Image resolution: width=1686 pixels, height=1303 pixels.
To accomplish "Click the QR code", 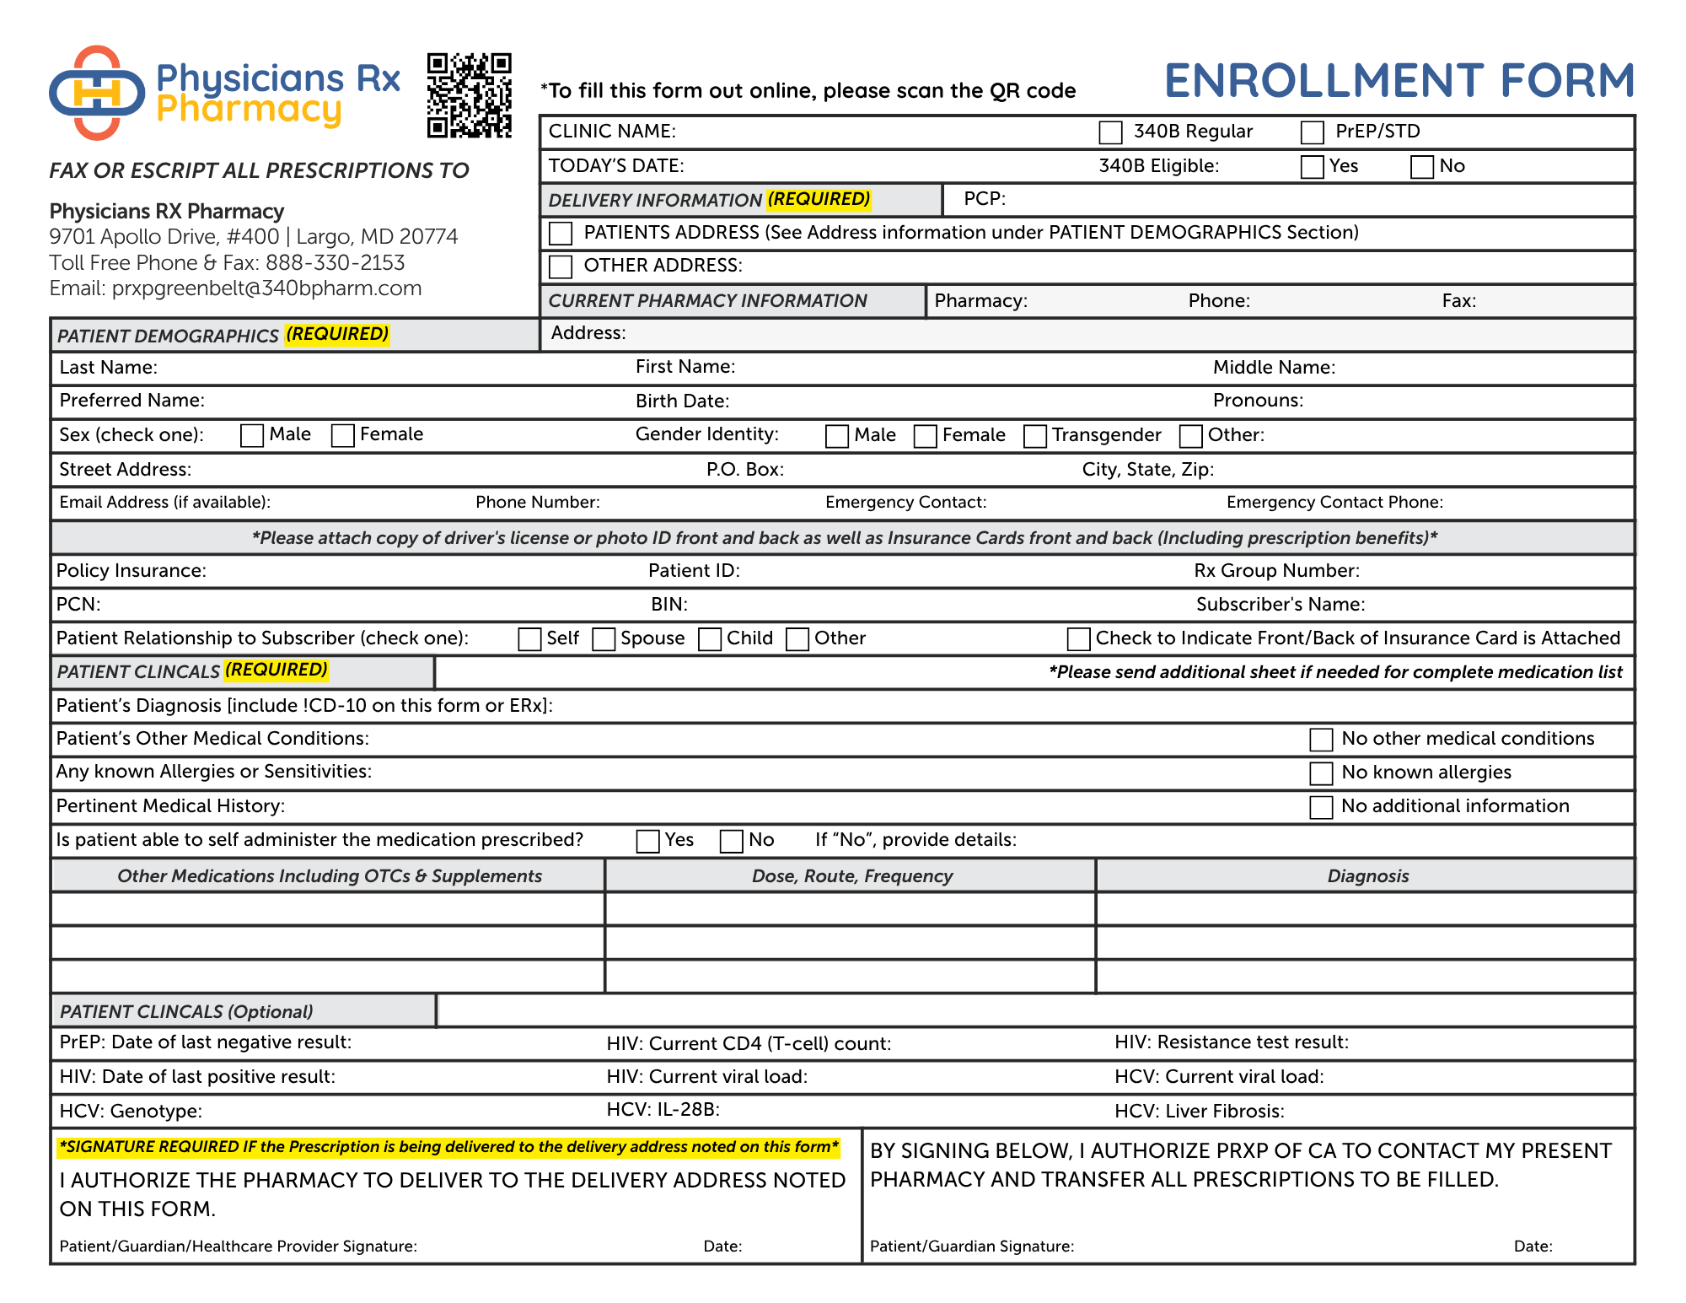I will pyautogui.click(x=469, y=95).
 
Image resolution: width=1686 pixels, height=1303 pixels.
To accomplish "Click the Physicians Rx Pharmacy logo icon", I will pyautogui.click(x=97, y=93).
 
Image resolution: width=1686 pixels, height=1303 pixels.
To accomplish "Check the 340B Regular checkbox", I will pyautogui.click(x=1110, y=132).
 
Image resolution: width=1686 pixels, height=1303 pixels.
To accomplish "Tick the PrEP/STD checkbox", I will pyautogui.click(x=1312, y=132).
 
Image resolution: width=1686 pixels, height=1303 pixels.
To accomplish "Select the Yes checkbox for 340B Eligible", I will pyautogui.click(x=1312, y=167).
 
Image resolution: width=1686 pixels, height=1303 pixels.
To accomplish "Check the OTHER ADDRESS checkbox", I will pyautogui.click(x=561, y=267).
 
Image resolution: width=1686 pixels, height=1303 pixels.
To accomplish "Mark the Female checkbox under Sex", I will pyautogui.click(x=342, y=435).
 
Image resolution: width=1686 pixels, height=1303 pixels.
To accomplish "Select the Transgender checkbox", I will pyautogui.click(x=1034, y=436).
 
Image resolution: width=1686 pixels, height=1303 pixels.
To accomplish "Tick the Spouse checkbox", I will pyautogui.click(x=604, y=639).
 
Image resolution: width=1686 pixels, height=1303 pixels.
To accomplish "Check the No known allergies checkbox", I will pyautogui.click(x=1321, y=773).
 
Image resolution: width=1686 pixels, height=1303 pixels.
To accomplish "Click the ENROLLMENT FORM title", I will pyautogui.click(x=1399, y=81).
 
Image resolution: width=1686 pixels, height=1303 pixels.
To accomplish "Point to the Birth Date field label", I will pyautogui.click(x=682, y=401).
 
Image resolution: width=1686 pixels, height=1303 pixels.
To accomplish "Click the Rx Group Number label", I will pyautogui.click(x=1276, y=571).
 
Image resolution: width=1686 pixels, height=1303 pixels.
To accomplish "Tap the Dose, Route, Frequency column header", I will pyautogui.click(x=851, y=876).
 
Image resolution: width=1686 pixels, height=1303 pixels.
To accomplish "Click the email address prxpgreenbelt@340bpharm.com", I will pyautogui.click(x=266, y=288).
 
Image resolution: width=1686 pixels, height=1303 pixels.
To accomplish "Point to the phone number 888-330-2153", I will pyautogui.click(x=335, y=263).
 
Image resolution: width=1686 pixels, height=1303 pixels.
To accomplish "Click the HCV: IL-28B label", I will pyautogui.click(x=663, y=1110).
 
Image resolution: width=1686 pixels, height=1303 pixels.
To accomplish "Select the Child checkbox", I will pyautogui.click(x=710, y=639).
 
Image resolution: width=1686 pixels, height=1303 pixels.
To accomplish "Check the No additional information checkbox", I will pyautogui.click(x=1321, y=807).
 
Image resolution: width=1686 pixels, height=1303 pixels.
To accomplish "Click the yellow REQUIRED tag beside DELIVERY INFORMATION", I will pyautogui.click(x=819, y=200).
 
